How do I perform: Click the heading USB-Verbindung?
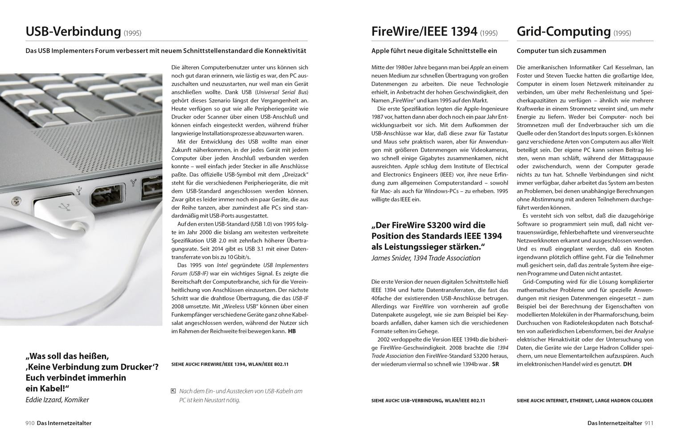pyautogui.click(x=73, y=32)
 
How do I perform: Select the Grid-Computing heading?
pyautogui.click(x=563, y=32)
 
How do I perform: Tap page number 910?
pyautogui.click(x=30, y=423)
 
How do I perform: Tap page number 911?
pyautogui.click(x=649, y=423)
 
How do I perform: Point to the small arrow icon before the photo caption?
pyautogui.click(x=173, y=391)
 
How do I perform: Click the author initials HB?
pyautogui.click(x=292, y=331)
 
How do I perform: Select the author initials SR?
pyautogui.click(x=495, y=364)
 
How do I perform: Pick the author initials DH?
pyautogui.click(x=627, y=364)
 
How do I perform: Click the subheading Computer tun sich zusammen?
pyautogui.click(x=561, y=51)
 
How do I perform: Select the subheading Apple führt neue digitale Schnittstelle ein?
pyautogui.click(x=434, y=51)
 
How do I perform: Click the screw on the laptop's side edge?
pyautogui.click(x=17, y=199)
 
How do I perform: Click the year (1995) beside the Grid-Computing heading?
pyautogui.click(x=622, y=33)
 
